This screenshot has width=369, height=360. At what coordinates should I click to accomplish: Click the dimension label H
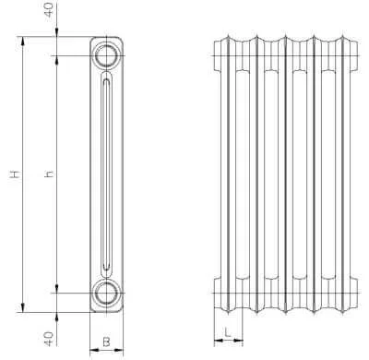(x=15, y=174)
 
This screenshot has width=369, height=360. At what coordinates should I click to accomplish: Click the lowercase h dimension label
(x=49, y=174)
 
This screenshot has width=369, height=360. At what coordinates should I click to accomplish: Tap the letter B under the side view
(x=106, y=342)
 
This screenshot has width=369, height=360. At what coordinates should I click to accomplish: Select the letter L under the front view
(x=227, y=332)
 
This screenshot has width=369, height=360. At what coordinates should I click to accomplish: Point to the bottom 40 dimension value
(x=50, y=338)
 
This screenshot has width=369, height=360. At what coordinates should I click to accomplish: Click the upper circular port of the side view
(x=106, y=55)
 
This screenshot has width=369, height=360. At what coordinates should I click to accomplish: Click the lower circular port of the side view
(x=106, y=293)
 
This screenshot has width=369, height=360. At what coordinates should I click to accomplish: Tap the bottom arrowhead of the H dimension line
(x=22, y=307)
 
